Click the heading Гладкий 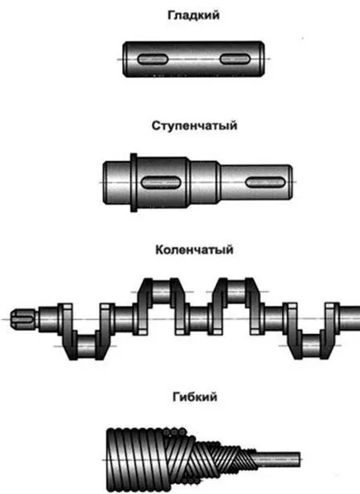click(193, 16)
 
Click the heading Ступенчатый click(194, 126)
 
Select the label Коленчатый click(194, 249)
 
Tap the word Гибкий click(195, 397)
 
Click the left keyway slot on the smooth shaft click(153, 59)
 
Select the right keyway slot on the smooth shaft click(235, 59)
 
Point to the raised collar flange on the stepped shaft click(134, 182)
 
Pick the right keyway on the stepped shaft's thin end click(265, 182)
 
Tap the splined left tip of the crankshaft click(25, 319)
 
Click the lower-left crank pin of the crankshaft click(86, 346)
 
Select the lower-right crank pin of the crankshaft click(311, 346)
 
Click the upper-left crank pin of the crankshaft click(161, 292)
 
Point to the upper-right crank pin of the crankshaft click(236, 292)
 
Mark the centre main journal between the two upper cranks click(198, 319)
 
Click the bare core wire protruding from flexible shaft click(277, 460)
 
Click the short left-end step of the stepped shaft click(117, 182)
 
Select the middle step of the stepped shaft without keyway click(204, 182)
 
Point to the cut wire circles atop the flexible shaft click(174, 433)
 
